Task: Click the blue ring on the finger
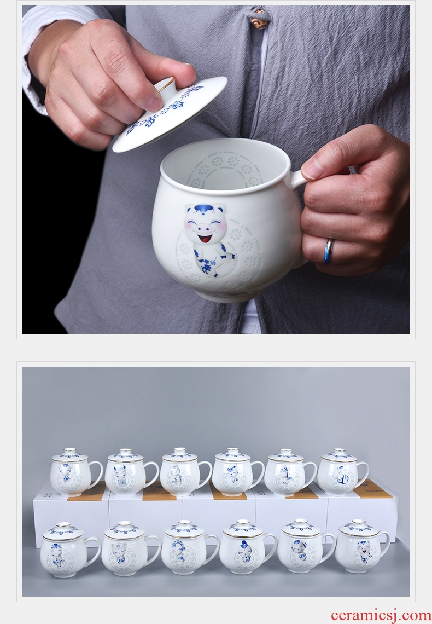[328, 251]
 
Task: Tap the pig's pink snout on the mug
[206, 228]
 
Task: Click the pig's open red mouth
[205, 238]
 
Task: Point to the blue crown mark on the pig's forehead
[205, 209]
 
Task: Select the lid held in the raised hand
[170, 114]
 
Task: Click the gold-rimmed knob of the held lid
[165, 85]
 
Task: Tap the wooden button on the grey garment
[259, 19]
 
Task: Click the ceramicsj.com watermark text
[381, 615]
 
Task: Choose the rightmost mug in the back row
[342, 472]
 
